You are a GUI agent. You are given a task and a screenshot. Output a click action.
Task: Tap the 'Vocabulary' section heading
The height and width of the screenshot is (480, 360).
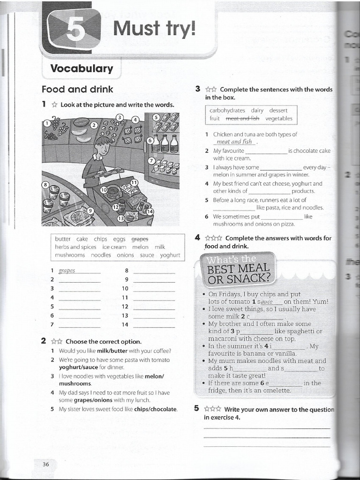pos(82,68)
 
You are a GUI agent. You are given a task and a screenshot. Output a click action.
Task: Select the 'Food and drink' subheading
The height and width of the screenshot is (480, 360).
pos(77,89)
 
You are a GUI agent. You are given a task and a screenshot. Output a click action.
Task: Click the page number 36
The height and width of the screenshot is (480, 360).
pos(45,464)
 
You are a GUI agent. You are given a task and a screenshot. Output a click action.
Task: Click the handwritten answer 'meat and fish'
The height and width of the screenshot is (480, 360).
pos(234,142)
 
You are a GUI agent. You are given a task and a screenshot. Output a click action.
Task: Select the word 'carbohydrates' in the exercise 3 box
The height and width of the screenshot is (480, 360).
pos(227,111)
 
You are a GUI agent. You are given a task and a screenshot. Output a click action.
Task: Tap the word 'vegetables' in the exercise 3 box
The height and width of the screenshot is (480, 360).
pos(278,119)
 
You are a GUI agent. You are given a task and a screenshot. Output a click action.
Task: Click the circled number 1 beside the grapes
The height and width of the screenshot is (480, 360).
pos(47,123)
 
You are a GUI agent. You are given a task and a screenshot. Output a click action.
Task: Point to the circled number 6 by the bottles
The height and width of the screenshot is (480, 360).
pos(150,140)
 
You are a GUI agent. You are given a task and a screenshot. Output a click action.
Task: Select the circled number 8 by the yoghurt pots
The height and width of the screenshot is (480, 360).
pos(45,185)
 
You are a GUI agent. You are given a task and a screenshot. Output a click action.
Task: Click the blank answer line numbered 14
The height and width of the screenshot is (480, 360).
pos(154,325)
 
